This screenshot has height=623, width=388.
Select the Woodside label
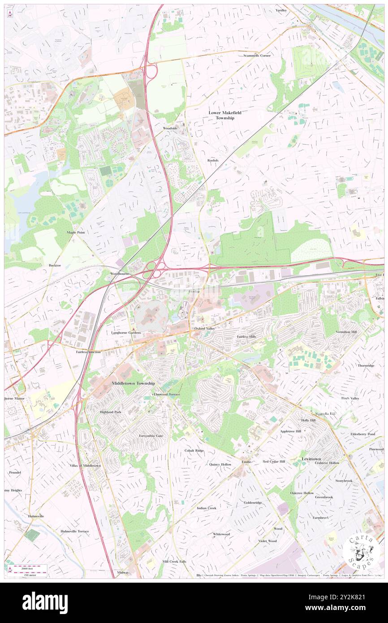pyautogui.click(x=170, y=128)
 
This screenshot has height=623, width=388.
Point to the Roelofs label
pyautogui.click(x=213, y=160)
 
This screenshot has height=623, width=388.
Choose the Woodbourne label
pyautogui.click(x=120, y=273)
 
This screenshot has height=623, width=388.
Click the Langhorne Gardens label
pyautogui.click(x=126, y=333)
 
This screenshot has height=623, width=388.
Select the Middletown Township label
pyautogui.click(x=133, y=384)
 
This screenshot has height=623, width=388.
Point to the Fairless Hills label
pyautogui.click(x=250, y=336)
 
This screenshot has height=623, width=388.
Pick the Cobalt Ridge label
pyautogui.click(x=194, y=450)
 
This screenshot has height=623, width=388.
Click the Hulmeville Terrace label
pyautogui.click(x=75, y=531)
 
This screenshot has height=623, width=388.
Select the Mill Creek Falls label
pyautogui.click(x=174, y=561)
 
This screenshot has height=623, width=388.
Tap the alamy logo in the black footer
pyautogui.click(x=45, y=602)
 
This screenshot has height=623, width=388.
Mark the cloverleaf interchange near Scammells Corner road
pyautogui.click(x=151, y=72)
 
